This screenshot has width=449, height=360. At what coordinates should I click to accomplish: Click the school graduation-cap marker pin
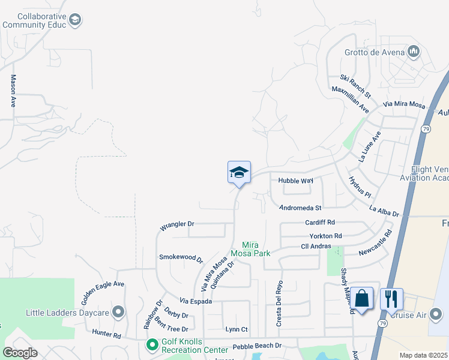click(x=239, y=173)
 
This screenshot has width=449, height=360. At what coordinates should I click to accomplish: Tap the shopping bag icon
click(x=362, y=298)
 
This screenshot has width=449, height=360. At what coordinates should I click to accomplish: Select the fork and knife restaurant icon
click(x=391, y=298)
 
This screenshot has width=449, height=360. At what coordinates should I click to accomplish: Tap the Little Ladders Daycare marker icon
click(x=118, y=312)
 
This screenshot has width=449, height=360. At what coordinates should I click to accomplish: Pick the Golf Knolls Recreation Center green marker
click(x=152, y=344)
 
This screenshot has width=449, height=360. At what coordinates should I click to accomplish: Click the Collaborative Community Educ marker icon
click(x=75, y=20)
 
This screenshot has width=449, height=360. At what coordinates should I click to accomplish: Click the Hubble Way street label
click(x=295, y=181)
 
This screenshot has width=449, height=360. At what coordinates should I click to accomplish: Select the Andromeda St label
click(x=301, y=208)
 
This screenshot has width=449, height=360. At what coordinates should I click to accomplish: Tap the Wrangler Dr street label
click(x=176, y=226)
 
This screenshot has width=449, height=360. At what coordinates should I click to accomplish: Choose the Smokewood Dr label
click(x=181, y=257)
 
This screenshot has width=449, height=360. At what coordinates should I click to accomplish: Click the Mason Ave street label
click(x=13, y=91)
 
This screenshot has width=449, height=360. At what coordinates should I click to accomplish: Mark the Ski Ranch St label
click(x=355, y=86)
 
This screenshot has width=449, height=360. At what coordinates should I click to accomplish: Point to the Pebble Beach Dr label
click(x=257, y=346)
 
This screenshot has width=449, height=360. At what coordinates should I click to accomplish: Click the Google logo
click(x=20, y=352)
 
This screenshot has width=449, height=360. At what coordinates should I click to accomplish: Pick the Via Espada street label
click(x=196, y=301)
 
